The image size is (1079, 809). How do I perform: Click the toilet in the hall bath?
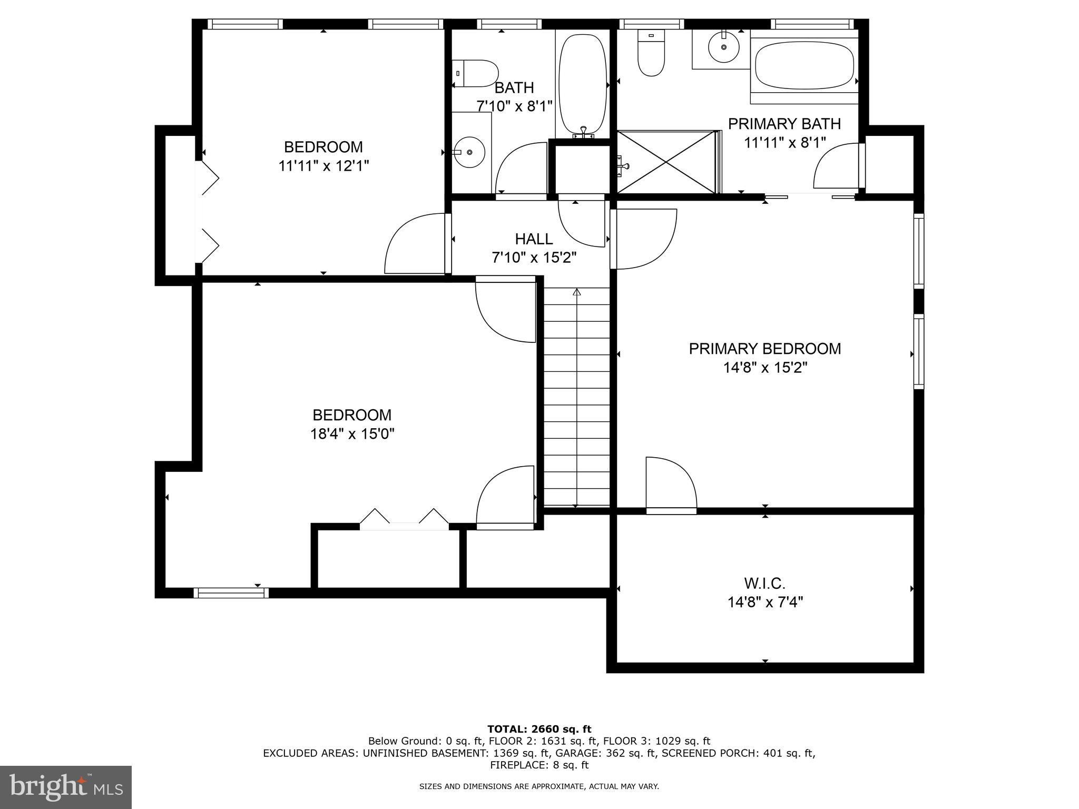(x=476, y=73)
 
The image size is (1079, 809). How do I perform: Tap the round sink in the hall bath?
(x=469, y=152)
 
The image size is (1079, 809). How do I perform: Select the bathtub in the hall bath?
(x=582, y=84)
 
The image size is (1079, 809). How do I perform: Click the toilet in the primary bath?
(x=651, y=53)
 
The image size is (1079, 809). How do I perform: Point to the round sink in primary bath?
(x=724, y=47)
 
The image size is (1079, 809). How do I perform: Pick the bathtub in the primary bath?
(x=805, y=66)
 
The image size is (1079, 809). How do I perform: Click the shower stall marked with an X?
(x=666, y=162)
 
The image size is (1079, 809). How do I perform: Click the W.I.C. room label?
(x=765, y=583)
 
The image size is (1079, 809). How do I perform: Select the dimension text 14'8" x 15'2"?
(x=765, y=367)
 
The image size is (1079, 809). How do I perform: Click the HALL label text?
(x=534, y=239)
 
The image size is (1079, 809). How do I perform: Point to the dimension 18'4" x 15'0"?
(x=352, y=434)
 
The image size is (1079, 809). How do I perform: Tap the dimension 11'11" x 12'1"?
(x=323, y=166)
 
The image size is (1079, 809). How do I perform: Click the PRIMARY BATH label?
(x=784, y=124)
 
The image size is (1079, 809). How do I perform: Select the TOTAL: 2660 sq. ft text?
(x=539, y=729)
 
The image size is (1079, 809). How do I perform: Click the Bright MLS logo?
(x=65, y=787)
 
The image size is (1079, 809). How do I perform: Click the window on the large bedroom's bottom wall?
(x=231, y=593)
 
